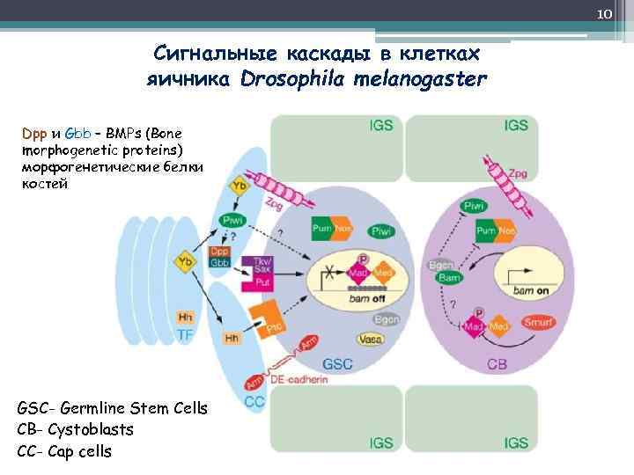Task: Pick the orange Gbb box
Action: pos(219,263)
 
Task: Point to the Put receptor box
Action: pos(262,282)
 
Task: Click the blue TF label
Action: pos(186,335)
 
